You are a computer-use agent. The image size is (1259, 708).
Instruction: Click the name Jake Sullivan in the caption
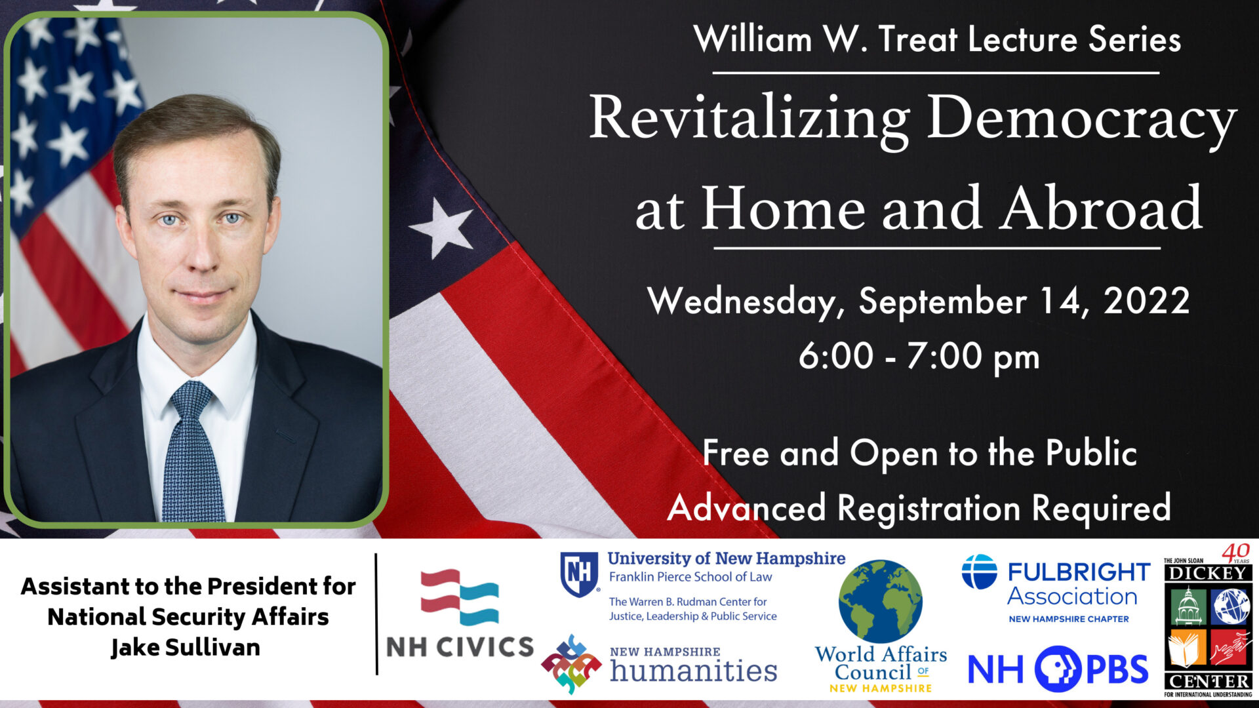(186, 648)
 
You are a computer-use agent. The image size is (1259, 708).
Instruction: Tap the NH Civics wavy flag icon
(460, 597)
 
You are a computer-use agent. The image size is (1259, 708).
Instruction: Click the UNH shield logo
(579, 574)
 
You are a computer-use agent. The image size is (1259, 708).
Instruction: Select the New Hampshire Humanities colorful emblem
(571, 664)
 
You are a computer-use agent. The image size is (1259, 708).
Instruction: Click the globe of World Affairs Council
(880, 600)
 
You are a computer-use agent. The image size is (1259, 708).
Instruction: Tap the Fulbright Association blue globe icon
(979, 572)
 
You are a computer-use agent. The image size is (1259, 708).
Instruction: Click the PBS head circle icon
(1058, 669)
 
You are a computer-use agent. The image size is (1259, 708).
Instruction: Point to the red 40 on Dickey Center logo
(1235, 552)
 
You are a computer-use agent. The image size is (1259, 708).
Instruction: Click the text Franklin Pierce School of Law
(690, 577)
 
